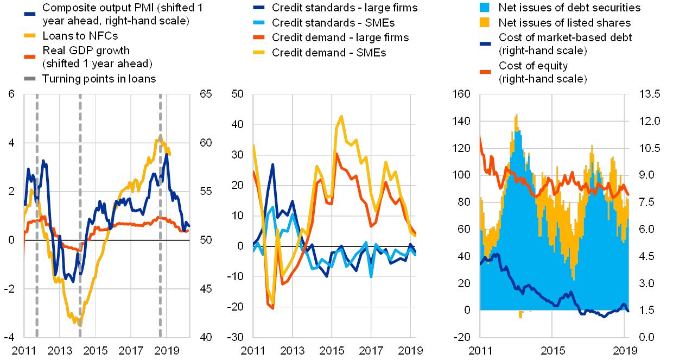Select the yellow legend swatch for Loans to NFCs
30,35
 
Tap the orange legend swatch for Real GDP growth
30,56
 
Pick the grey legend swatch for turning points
30,78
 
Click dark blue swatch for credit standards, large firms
259,8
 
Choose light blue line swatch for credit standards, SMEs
259,23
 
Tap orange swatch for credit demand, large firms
259,38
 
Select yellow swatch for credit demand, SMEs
259,53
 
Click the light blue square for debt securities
485,8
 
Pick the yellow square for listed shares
485,23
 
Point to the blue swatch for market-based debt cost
485,44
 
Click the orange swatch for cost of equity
485,72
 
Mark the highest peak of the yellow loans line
161,135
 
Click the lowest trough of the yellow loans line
80,325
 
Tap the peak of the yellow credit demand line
341,116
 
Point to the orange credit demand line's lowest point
272,308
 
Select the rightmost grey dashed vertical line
160,217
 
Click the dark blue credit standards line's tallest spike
273,164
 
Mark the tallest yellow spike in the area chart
516,115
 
